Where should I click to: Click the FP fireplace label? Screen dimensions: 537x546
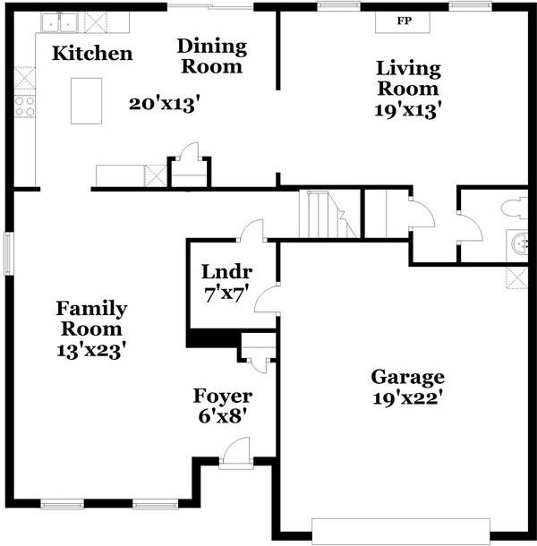pyautogui.click(x=404, y=21)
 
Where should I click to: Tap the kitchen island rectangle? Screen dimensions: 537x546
pyautogui.click(x=86, y=100)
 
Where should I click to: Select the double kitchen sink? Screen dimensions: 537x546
pyautogui.click(x=60, y=22)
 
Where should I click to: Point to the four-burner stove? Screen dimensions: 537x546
pyautogui.click(x=25, y=107)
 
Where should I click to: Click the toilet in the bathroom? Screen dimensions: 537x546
pyautogui.click(x=515, y=209)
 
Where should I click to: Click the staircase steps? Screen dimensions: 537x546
pyautogui.click(x=329, y=214)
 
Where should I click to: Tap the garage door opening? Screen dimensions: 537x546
pyautogui.click(x=401, y=532)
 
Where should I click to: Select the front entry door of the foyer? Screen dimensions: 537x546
pyautogui.click(x=236, y=452)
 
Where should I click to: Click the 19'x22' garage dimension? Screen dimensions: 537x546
pyautogui.click(x=407, y=398)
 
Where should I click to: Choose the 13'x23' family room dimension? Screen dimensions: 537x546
pyautogui.click(x=91, y=351)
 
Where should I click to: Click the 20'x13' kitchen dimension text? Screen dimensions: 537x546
pyautogui.click(x=165, y=104)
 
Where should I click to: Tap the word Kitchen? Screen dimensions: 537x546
pyautogui.click(x=92, y=54)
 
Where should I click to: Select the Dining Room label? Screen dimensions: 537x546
pyautogui.click(x=212, y=56)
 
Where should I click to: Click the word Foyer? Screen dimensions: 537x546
pyautogui.click(x=223, y=397)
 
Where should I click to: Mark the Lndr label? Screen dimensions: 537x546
pyautogui.click(x=226, y=271)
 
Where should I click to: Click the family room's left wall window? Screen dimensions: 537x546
pyautogui.click(x=9, y=253)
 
